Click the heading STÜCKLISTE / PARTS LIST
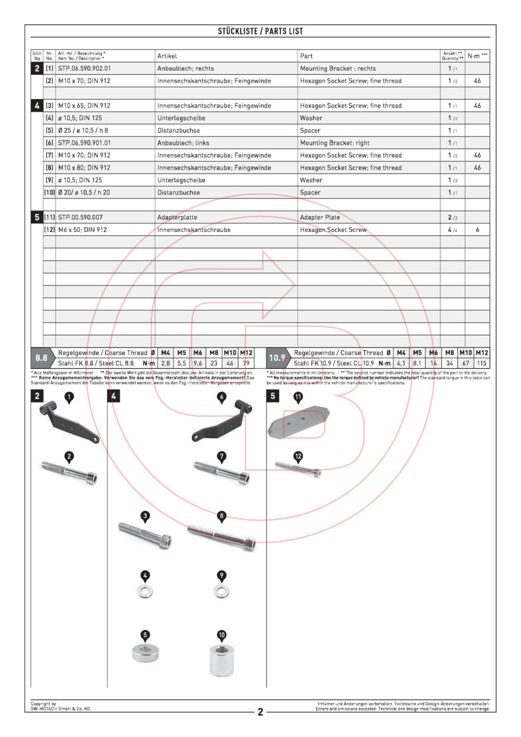pos(260,31)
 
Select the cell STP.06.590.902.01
pos(84,68)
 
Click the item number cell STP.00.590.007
pos(80,217)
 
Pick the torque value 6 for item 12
pos(477,230)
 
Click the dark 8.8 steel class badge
pos(42,358)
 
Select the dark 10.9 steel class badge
pos(277,358)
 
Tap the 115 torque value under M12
pos(481,363)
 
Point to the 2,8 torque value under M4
pos(165,363)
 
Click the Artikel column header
pos(167,56)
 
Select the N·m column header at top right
pos(477,56)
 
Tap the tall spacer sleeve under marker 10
pos(222,660)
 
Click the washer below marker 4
pos(146,591)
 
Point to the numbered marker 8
pos(221,516)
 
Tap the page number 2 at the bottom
pos(260,712)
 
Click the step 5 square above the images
pos(273,396)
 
